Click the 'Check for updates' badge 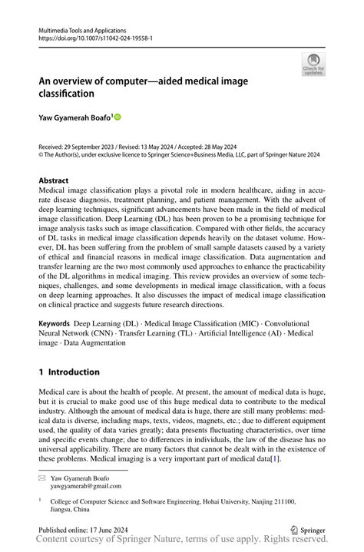[313, 64]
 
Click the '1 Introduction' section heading [69, 372]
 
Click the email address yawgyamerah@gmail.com [86, 486]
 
